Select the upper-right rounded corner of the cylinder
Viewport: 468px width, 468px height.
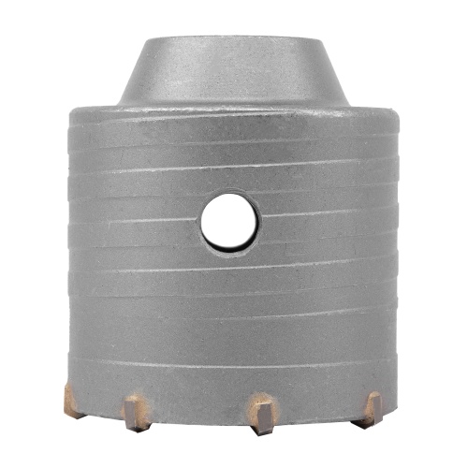pyautogui.click(x=393, y=114)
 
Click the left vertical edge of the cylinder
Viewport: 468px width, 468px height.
pyautogui.click(x=67, y=253)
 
